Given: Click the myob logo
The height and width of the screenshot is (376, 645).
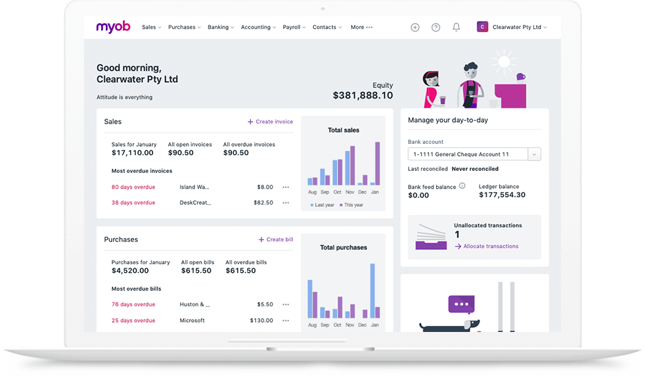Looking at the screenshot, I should coord(113,27).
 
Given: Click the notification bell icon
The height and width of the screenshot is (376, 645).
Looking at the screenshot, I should coord(456,27).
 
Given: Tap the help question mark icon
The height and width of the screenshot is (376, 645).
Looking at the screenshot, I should coord(435,28).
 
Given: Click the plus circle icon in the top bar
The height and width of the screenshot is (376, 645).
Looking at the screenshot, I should coord(415,28).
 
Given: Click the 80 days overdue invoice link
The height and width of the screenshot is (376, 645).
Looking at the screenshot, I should coord(133,187).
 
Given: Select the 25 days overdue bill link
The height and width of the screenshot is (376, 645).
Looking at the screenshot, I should coord(133,321).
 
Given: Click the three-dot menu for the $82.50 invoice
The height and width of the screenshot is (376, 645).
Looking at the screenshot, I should coord(286,203).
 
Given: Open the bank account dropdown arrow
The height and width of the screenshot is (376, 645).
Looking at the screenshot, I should coord(535,154).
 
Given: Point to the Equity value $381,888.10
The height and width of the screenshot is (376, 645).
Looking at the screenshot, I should coord(363,95).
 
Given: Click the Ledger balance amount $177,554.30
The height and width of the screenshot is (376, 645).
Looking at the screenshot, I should coord(502,195).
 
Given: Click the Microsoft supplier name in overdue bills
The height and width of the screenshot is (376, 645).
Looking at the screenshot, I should coord(192,321).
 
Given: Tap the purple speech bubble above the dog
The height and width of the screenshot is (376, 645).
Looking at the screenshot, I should coord(461,304).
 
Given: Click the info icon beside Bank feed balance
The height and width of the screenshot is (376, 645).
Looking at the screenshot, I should coord(462,186).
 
